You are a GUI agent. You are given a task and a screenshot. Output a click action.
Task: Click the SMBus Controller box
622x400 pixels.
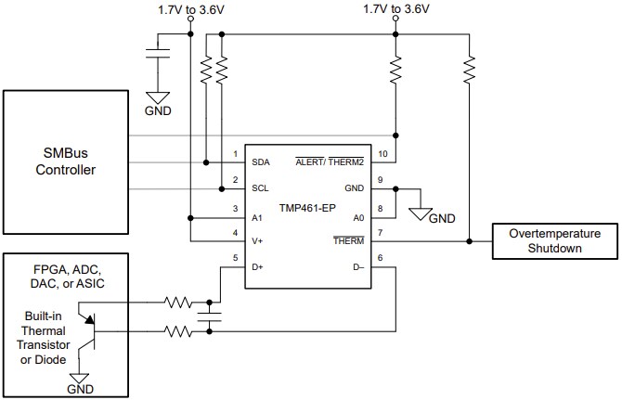point(66,163)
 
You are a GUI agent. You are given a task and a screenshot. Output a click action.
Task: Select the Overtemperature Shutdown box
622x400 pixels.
point(555,240)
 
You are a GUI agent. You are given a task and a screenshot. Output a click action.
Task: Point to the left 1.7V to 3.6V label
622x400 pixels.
point(190,10)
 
